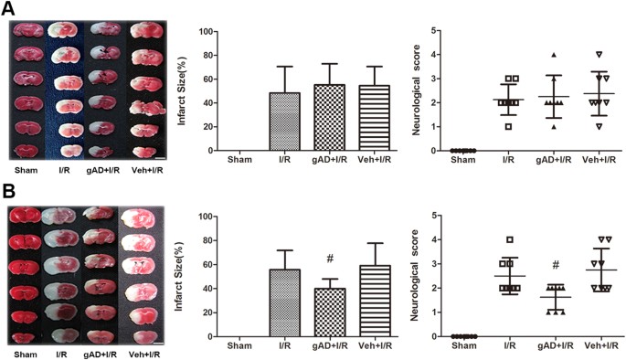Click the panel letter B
8,194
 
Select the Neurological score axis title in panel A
417,91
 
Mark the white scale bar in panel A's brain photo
161,157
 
